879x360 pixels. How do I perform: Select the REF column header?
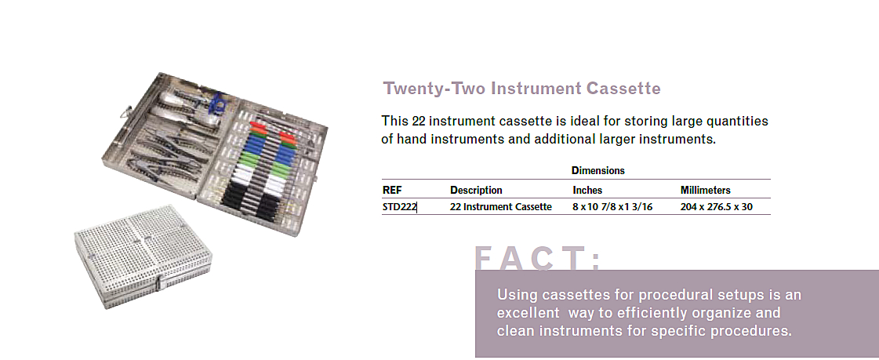(392, 190)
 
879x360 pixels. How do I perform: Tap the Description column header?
(476, 190)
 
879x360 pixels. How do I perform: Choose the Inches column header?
(587, 190)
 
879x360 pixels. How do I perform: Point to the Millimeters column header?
(705, 190)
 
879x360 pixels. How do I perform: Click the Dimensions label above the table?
(598, 170)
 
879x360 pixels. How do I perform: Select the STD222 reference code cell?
(399, 207)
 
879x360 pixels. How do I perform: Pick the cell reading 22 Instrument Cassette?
(500, 207)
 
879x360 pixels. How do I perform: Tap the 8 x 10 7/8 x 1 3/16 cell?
(612, 207)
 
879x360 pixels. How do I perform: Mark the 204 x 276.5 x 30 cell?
(716, 207)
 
